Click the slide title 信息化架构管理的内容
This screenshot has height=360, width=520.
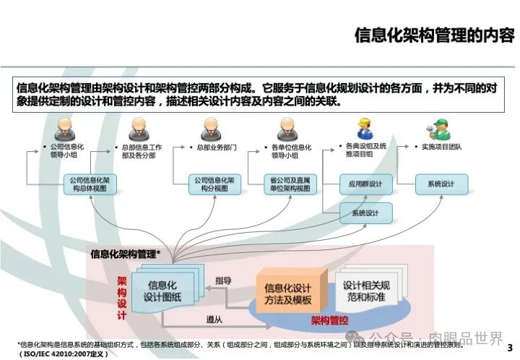click(x=434, y=35)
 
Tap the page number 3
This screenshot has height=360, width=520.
click(x=510, y=346)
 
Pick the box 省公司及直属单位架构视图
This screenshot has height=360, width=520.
click(x=292, y=184)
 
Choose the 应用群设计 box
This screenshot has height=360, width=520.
click(x=365, y=184)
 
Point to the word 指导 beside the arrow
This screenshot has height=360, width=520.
click(x=223, y=280)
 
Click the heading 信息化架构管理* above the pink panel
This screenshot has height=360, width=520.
click(x=125, y=254)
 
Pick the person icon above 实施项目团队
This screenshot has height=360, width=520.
click(x=437, y=129)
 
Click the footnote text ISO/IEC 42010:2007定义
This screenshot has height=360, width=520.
click(x=64, y=353)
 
